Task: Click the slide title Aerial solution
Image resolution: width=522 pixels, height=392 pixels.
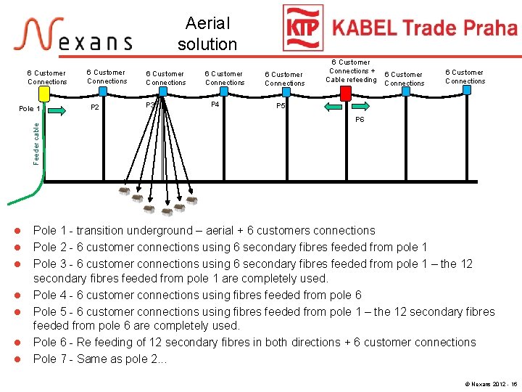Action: coord(207,33)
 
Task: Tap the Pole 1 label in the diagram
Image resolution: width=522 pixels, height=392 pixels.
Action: coord(30,109)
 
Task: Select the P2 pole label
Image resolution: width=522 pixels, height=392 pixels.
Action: coord(94,107)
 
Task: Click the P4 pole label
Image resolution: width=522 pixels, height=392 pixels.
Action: coord(215,105)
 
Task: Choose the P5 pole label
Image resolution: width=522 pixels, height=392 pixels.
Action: coord(281,105)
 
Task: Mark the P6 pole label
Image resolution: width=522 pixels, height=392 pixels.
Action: coord(360,121)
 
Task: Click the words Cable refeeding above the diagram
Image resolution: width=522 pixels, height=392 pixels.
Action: coord(351,80)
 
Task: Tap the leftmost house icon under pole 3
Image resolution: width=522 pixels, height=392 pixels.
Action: coord(125,192)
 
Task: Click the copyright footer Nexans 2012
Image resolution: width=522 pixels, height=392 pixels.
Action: coord(489,383)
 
